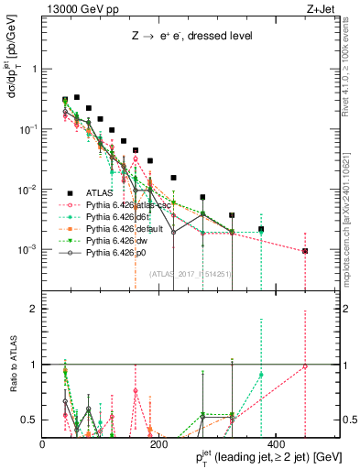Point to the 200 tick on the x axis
[x=158, y=433]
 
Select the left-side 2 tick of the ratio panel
[x=36, y=309]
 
